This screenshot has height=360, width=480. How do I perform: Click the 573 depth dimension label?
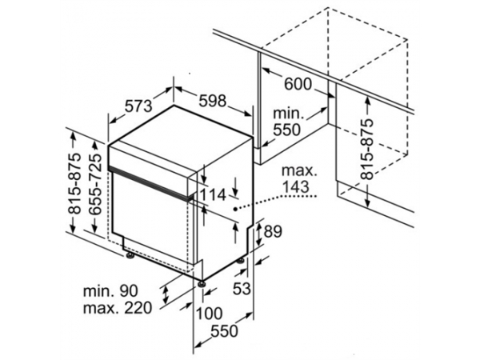tap(138, 106)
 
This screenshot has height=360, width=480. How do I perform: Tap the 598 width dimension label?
tap(213, 101)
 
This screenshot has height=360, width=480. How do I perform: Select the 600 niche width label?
tap(298, 84)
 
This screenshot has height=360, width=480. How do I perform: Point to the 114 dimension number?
tap(213, 194)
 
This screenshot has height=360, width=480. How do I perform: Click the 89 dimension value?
tap(273, 232)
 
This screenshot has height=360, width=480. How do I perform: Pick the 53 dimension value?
tap(242, 288)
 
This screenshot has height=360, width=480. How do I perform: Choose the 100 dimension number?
tap(209, 314)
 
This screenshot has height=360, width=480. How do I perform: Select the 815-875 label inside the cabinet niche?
tap(366, 149)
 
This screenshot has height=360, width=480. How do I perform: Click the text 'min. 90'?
tap(110, 291)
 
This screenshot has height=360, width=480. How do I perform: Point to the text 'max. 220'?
tap(118, 308)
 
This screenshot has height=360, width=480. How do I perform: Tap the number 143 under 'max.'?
tap(295, 186)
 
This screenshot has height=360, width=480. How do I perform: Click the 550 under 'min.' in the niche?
tap(286, 130)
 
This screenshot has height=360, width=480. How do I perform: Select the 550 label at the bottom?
tap(224, 331)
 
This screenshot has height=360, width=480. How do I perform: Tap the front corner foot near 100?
tap(201, 283)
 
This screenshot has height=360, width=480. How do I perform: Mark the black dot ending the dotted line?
tap(235, 209)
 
